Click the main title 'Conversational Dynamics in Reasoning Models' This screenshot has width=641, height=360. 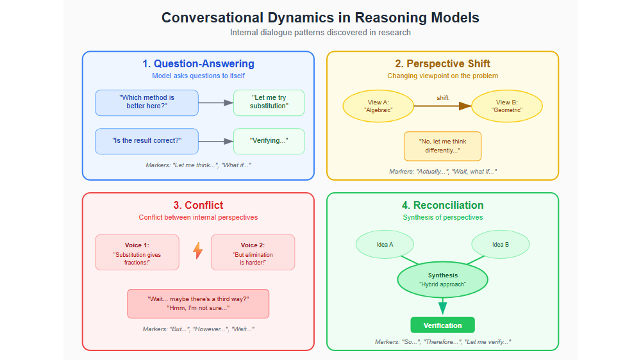click(x=320, y=17)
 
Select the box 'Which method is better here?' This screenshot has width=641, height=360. click(x=147, y=102)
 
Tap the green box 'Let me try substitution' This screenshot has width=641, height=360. click(x=269, y=102)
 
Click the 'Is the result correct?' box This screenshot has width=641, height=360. click(x=147, y=141)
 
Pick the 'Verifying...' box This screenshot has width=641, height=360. click(x=269, y=141)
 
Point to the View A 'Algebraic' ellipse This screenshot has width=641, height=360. click(x=378, y=106)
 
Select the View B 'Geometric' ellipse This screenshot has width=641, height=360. click(x=507, y=106)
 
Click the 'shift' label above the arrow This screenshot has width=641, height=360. click(x=442, y=98)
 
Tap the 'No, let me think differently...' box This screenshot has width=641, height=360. click(x=442, y=146)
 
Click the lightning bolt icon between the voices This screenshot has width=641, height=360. click(x=198, y=250)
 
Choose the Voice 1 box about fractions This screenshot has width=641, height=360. click(x=137, y=252)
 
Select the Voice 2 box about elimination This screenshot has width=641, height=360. click(x=253, y=252)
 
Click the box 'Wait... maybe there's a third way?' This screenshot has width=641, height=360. click(x=198, y=304)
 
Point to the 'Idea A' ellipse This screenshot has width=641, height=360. click(x=385, y=245)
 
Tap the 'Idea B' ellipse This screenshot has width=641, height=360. click(x=501, y=245)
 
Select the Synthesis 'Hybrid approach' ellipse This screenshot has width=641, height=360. click(x=442, y=279)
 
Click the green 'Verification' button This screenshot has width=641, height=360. click(x=442, y=325)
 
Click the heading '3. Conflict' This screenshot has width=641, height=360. click(x=198, y=206)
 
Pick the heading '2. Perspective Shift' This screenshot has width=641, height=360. click(x=442, y=64)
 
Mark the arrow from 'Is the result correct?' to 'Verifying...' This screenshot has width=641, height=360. click(x=215, y=141)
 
